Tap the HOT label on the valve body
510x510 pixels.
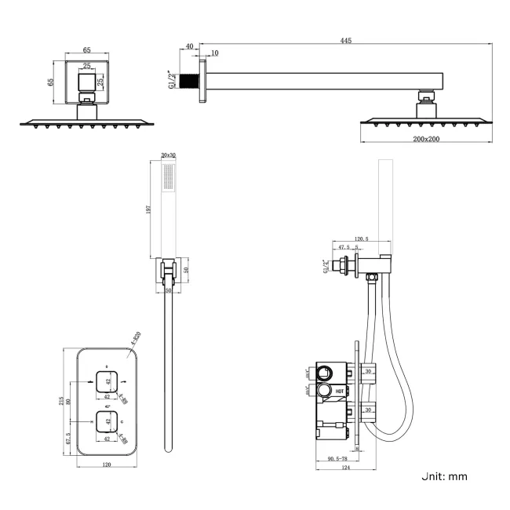[340, 389]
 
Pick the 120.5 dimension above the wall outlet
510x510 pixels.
[362, 238]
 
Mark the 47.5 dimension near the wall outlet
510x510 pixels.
[344, 247]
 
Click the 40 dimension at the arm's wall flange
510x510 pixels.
[188, 46]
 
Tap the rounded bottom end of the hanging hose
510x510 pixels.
[167, 449]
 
